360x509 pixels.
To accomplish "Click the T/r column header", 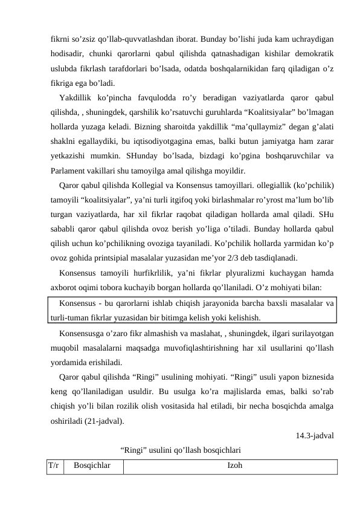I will pos(54,466).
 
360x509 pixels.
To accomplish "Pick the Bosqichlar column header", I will pos(92,466).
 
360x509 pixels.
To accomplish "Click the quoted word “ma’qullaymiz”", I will pos(239,126).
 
